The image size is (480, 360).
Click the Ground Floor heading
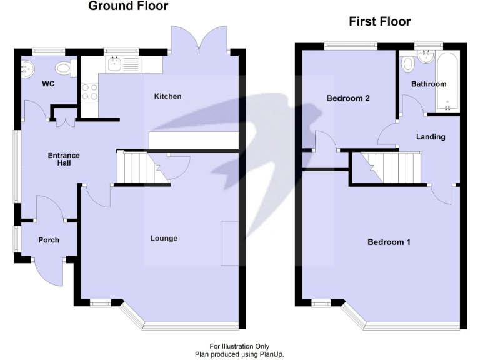point(128,7)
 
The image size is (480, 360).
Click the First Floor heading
point(379,22)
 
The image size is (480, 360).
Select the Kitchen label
point(167,96)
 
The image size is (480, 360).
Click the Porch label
point(49,240)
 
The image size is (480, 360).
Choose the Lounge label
point(164,238)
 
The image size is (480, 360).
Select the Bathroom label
point(428,84)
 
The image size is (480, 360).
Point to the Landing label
point(431,136)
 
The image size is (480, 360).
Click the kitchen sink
point(114,63)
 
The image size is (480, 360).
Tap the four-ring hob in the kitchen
point(89,92)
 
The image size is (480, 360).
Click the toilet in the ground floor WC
point(62,67)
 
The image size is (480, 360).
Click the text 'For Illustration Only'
point(239,346)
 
